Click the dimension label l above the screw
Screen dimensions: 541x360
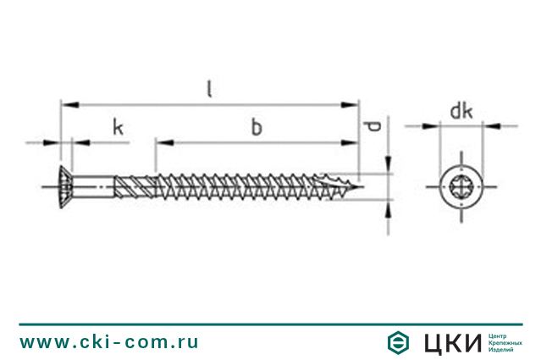click(x=209, y=89)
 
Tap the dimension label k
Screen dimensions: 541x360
click(x=118, y=127)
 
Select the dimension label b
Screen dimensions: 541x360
click(x=257, y=127)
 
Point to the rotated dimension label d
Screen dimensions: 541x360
click(x=373, y=126)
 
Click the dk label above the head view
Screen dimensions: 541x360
click(x=461, y=111)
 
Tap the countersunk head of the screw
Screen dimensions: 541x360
click(x=66, y=186)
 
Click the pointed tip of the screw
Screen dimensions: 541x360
click(x=361, y=187)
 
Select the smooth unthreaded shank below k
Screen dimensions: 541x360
click(x=93, y=186)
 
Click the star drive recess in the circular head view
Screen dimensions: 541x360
click(x=461, y=186)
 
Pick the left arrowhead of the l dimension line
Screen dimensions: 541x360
click(x=70, y=104)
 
